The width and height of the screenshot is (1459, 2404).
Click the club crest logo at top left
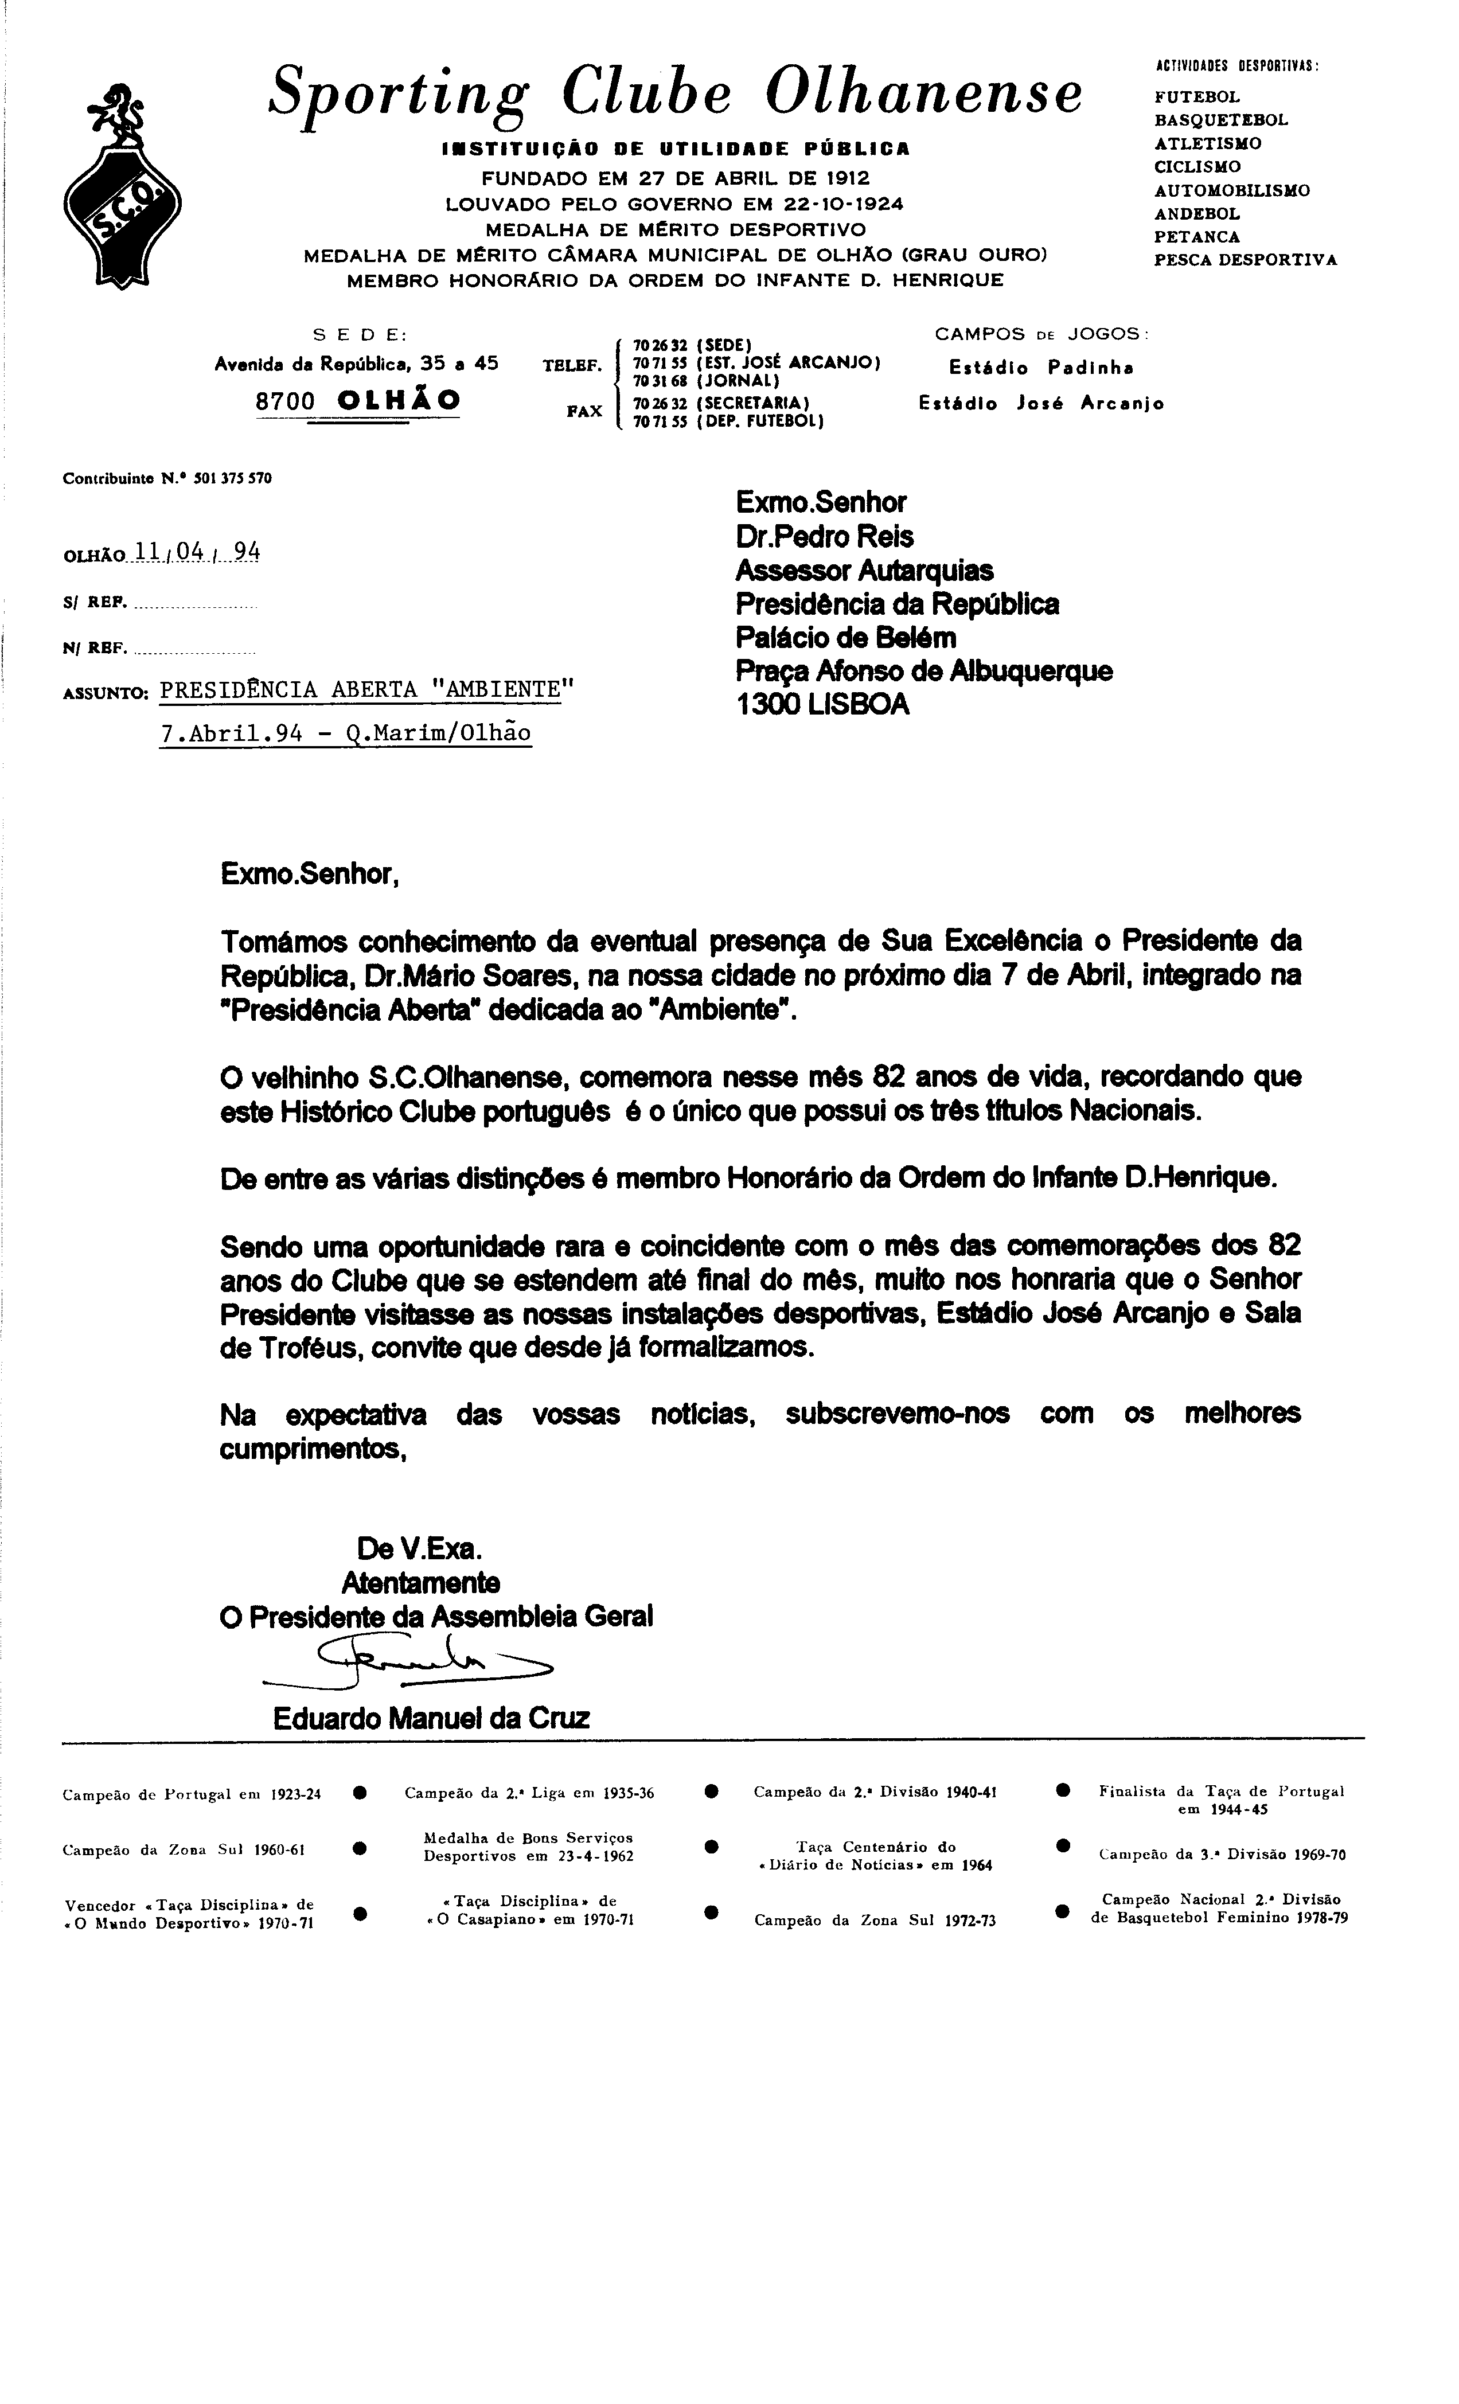click(122, 185)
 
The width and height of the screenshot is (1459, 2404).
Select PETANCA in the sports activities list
click(1196, 237)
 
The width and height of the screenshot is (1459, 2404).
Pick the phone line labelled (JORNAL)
click(705, 381)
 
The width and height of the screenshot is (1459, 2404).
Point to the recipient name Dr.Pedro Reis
click(825, 537)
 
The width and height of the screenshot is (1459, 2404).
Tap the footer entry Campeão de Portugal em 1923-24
click(192, 1793)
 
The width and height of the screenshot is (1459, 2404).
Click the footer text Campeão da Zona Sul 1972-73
click(875, 1920)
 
